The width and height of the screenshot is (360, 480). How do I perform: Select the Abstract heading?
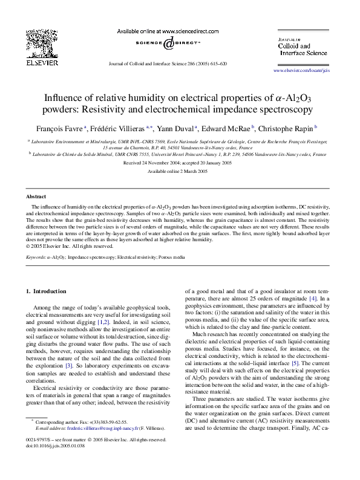click(x=36, y=197)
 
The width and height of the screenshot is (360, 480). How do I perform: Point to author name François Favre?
click(x=65, y=128)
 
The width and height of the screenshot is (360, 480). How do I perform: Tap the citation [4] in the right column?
click(x=312, y=299)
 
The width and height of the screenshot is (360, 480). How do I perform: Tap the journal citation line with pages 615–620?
click(x=166, y=63)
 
